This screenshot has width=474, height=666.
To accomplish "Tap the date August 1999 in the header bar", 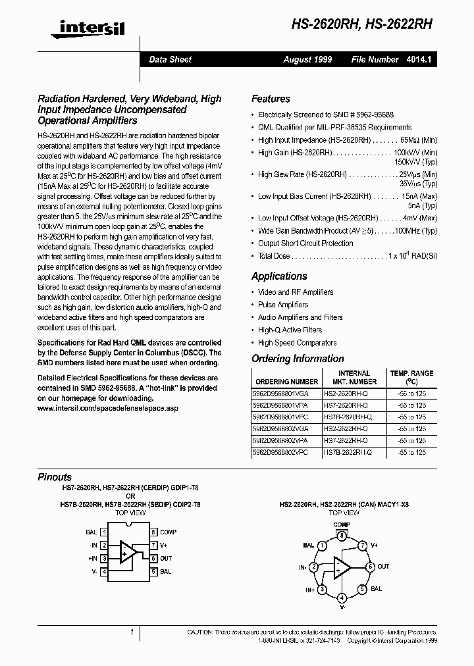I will coord(307,59).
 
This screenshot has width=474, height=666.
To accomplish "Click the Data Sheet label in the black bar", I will coord(170,59).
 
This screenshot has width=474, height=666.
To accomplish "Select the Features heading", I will coord(271,99).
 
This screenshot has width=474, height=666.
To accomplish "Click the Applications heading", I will coord(279,276).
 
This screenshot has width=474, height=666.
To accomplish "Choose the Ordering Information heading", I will coord(298,359).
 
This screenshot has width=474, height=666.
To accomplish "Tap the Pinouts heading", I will coord(55,477).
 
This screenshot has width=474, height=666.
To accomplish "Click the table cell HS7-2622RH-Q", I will coord(347,441).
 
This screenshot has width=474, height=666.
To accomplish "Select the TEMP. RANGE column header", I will coord(411,377).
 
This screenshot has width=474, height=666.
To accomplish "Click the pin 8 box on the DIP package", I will coord(153,532).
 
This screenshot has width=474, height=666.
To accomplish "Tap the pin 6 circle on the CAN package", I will coord(370,567).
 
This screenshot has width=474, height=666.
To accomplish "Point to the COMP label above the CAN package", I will coord(342,525).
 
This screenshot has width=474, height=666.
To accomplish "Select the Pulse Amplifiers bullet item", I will coord(283,305).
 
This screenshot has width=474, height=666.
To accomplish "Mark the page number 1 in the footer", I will coord(132,632).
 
